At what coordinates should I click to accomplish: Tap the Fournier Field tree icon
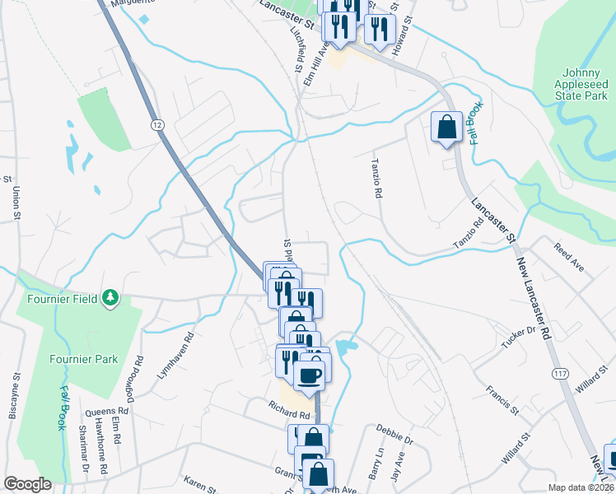[x=109, y=298]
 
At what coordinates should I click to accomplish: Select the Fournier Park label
[x=83, y=359]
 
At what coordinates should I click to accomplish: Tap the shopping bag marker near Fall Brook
[x=446, y=128]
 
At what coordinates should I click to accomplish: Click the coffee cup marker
[x=310, y=375]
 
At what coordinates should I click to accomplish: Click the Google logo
[x=27, y=484]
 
